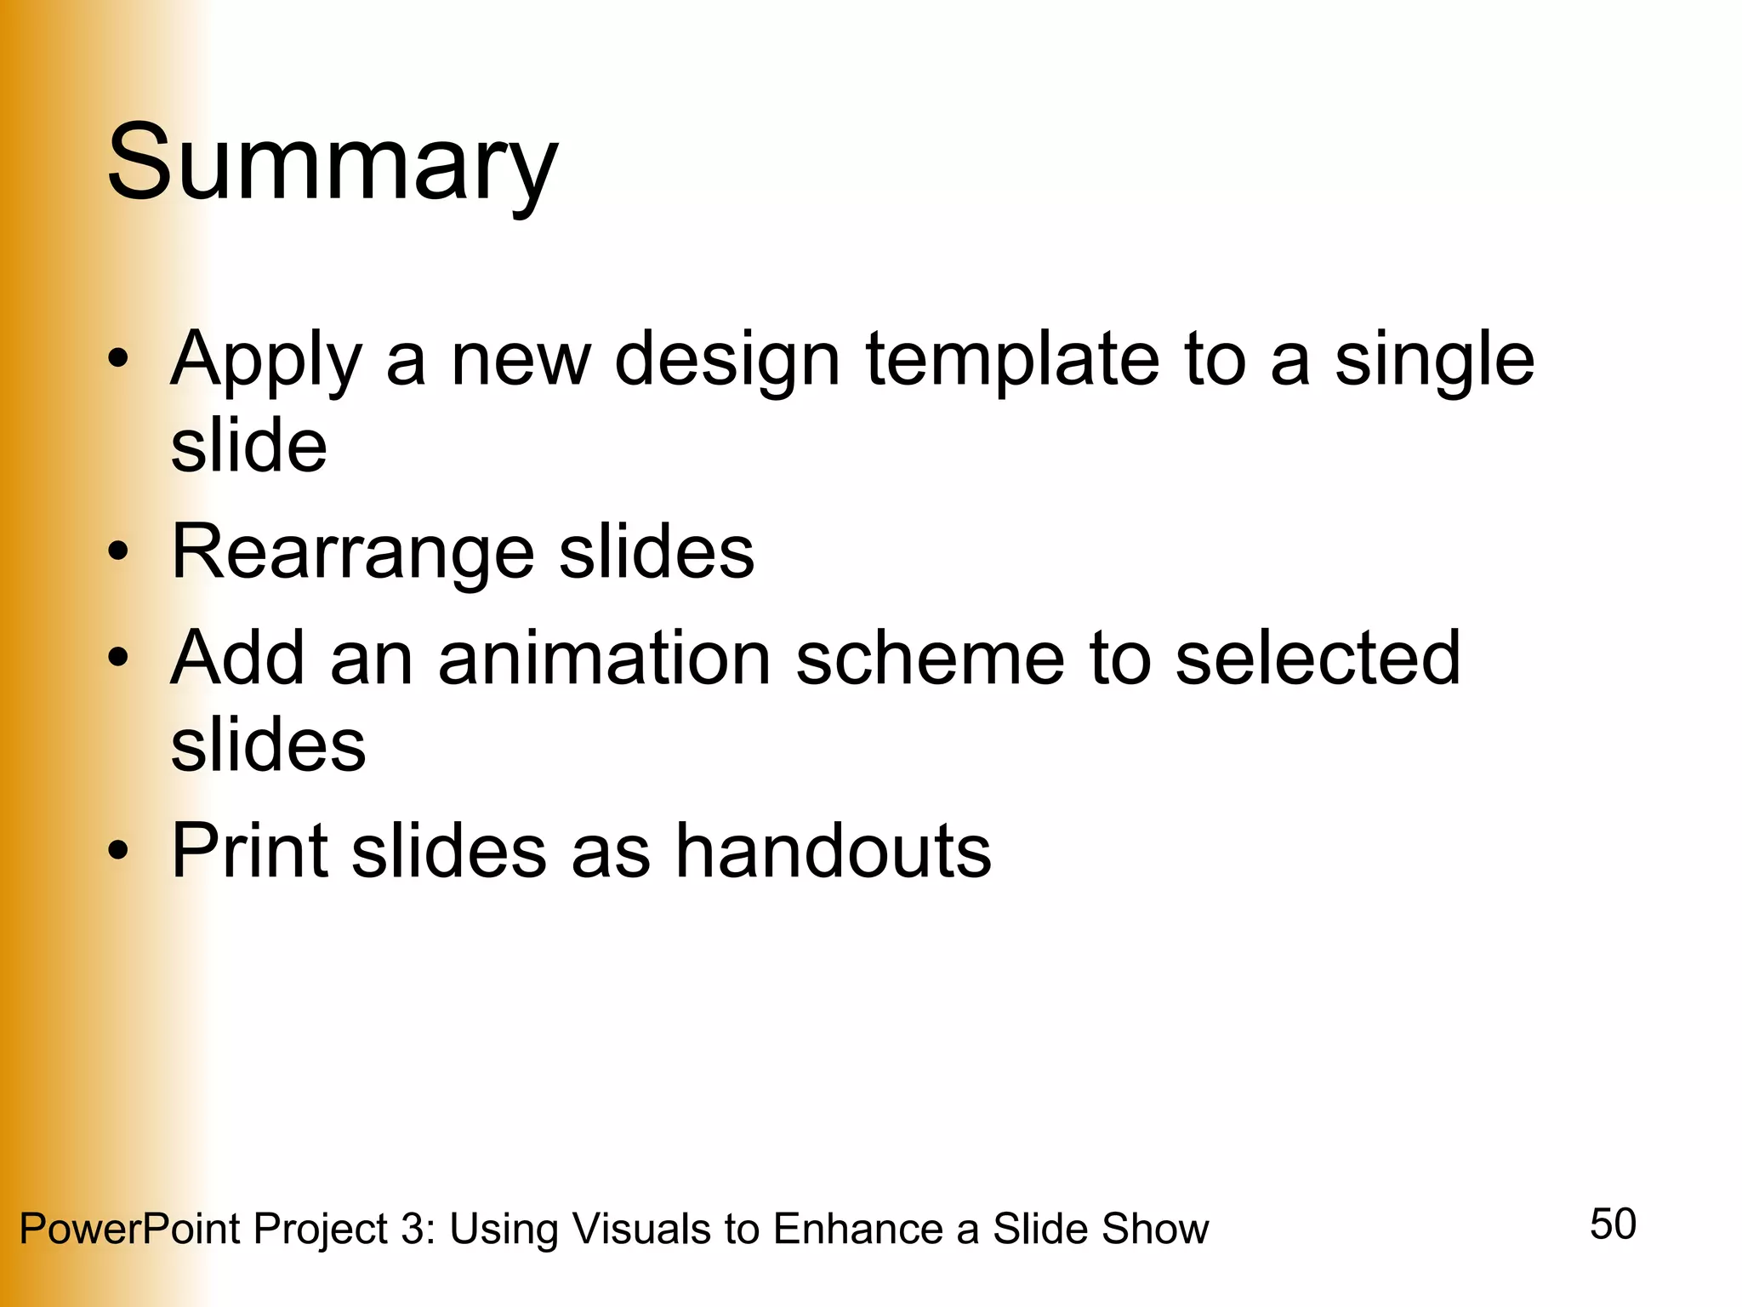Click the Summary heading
tap(332, 163)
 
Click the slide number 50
tap(1613, 1224)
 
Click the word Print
tap(250, 850)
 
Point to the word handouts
tap(834, 850)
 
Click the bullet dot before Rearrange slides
tap(119, 551)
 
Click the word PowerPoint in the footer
tap(129, 1230)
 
